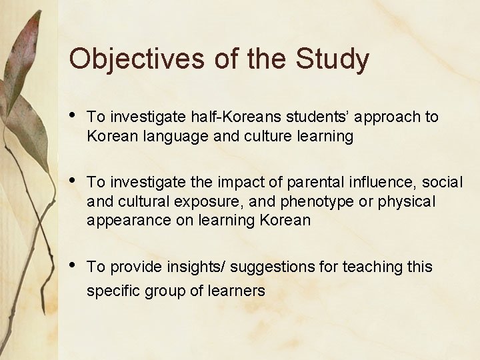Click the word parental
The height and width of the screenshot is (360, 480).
click(297, 182)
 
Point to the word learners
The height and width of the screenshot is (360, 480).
click(238, 291)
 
